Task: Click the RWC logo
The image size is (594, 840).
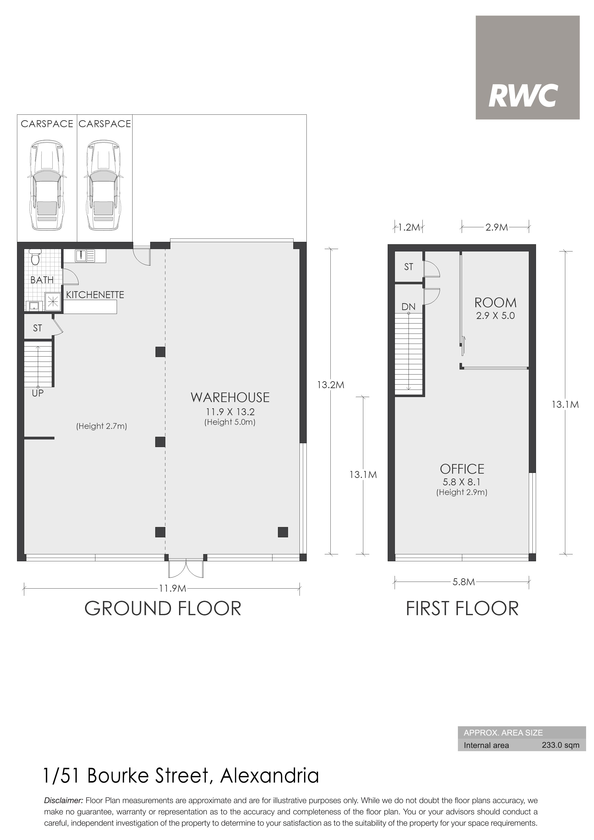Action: coord(527,67)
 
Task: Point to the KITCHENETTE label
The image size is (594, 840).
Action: coord(95,295)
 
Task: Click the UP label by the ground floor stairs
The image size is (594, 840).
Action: coord(38,393)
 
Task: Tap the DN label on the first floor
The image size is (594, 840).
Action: coord(409,306)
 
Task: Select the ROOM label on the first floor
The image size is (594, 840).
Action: coord(496,303)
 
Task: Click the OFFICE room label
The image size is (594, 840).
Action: coord(462,469)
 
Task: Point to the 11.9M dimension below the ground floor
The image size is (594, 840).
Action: coord(173,588)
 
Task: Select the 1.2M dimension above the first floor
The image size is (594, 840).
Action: coord(409,227)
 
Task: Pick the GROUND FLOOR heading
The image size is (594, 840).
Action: coord(163,608)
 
